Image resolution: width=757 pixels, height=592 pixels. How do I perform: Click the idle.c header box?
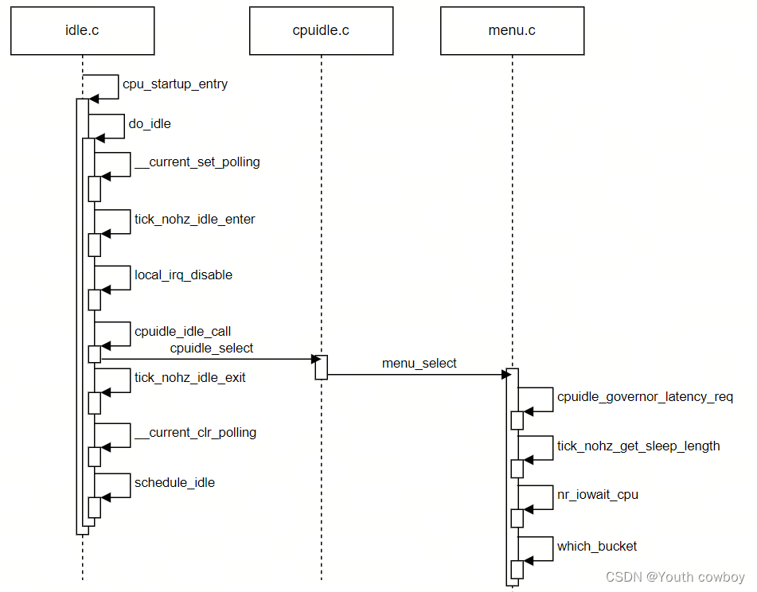(82, 31)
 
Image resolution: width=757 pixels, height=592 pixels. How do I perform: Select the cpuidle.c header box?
(321, 31)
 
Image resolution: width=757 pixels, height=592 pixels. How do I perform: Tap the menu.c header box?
(512, 31)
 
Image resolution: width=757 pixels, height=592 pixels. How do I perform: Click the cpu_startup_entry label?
(175, 84)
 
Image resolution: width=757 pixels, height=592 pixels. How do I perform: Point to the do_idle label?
(150, 123)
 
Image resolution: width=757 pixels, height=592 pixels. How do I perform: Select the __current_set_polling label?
(197, 162)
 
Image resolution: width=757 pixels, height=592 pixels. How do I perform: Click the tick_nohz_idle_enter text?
(195, 219)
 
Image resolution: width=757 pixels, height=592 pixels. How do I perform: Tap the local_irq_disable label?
(184, 275)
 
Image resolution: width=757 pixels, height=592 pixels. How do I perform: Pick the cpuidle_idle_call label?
(183, 331)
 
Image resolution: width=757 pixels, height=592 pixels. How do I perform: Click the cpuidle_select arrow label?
(212, 348)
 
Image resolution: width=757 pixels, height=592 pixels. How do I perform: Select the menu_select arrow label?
(419, 363)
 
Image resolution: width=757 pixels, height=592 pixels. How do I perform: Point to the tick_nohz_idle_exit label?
(190, 377)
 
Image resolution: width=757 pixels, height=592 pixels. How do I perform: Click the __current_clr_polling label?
(196, 432)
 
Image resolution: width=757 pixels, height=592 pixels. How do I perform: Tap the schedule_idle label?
(175, 482)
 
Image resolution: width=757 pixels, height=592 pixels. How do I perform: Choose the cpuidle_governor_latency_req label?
(646, 396)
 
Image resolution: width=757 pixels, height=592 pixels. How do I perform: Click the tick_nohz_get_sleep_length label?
(638, 446)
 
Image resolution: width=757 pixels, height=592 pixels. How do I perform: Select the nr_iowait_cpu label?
(598, 494)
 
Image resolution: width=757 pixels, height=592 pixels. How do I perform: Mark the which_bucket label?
(597, 546)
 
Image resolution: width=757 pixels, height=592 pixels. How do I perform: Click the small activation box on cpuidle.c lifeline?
(321, 367)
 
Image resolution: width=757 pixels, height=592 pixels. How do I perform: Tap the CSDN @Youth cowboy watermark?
(675, 577)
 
